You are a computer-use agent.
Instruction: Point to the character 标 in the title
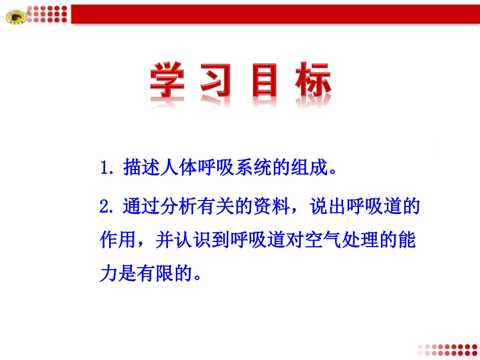pos(312,81)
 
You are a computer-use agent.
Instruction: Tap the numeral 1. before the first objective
pos(109,168)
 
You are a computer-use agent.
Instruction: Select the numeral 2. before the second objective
pos(109,207)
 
